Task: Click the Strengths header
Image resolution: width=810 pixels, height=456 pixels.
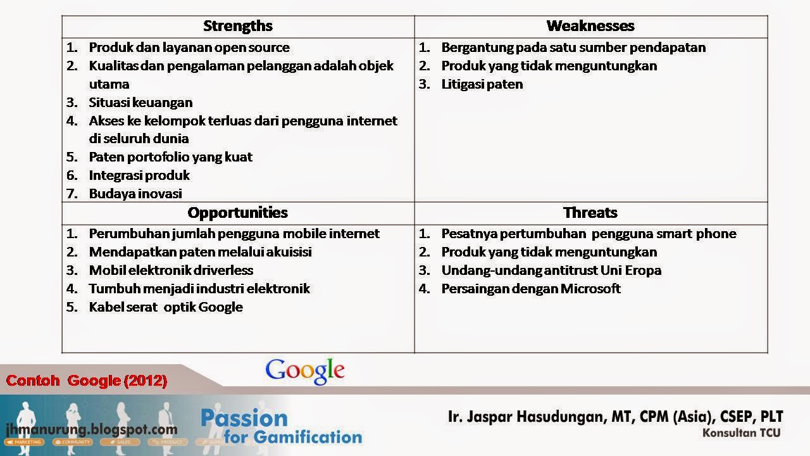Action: (x=238, y=26)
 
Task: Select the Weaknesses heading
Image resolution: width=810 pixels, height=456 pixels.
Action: (x=590, y=26)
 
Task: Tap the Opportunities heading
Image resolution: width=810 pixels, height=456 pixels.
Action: (x=238, y=212)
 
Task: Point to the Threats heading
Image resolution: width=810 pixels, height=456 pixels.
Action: (x=590, y=212)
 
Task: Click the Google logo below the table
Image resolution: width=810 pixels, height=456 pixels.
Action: (x=305, y=370)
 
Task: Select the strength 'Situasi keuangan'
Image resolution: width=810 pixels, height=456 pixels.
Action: (x=140, y=102)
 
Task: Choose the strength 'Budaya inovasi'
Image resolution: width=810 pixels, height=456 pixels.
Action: (x=135, y=194)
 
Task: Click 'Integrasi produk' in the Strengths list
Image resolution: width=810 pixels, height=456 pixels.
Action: (x=139, y=175)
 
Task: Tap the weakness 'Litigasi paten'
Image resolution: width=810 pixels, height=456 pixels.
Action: (x=482, y=84)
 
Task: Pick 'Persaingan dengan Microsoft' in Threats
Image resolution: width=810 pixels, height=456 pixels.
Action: (x=531, y=289)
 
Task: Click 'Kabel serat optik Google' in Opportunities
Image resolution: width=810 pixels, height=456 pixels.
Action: (x=166, y=307)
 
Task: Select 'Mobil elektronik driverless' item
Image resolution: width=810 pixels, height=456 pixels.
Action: (x=171, y=270)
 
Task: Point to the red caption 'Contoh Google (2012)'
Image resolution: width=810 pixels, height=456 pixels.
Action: (x=87, y=381)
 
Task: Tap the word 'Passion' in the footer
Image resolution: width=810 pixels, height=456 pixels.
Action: (x=244, y=418)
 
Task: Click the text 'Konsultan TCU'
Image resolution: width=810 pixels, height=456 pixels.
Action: (x=741, y=433)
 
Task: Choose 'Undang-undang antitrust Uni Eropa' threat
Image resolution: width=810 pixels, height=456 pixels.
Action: (x=551, y=270)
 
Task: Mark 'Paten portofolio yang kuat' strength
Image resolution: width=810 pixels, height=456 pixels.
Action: (x=171, y=157)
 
